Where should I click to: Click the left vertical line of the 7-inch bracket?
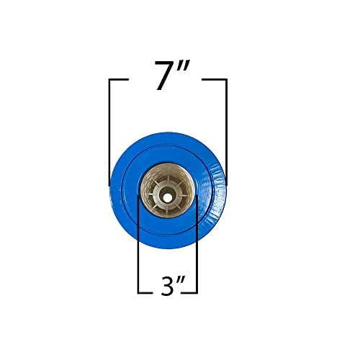pos(109,130)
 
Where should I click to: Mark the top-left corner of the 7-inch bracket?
pos(109,80)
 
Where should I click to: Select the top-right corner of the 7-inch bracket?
pos(226,80)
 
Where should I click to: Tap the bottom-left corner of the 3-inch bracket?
pos(138,292)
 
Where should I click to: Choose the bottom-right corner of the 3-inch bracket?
pos(196,292)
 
